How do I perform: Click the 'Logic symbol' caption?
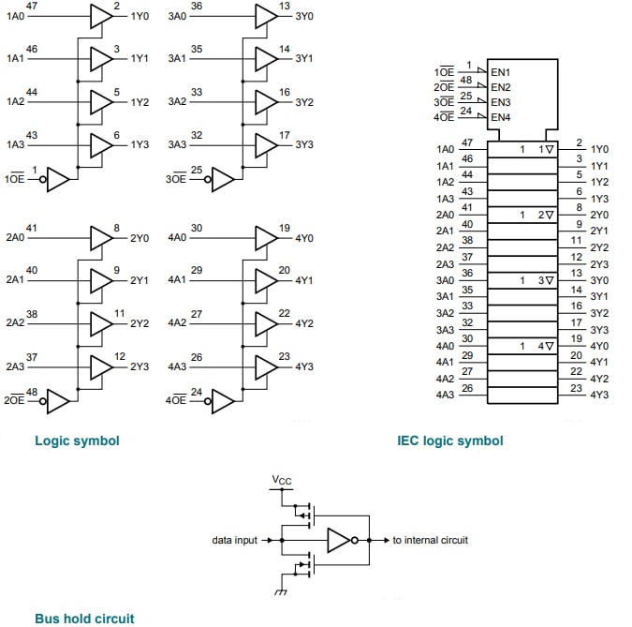pos(77,440)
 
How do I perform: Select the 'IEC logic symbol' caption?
pos(449,440)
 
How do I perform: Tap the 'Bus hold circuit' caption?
pos(84,618)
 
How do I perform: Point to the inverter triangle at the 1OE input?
pos(57,179)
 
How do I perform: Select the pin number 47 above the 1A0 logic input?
pos(32,7)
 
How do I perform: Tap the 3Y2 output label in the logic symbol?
pos(304,102)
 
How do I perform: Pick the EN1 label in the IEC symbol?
pos(501,72)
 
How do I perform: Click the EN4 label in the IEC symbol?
pos(501,117)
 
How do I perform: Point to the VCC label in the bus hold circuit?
pos(282,481)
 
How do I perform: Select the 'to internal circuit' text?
pos(430,541)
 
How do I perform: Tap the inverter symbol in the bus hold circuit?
pos(339,541)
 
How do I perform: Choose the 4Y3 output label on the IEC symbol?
pos(599,395)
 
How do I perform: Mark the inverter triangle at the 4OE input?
pos(222,402)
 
